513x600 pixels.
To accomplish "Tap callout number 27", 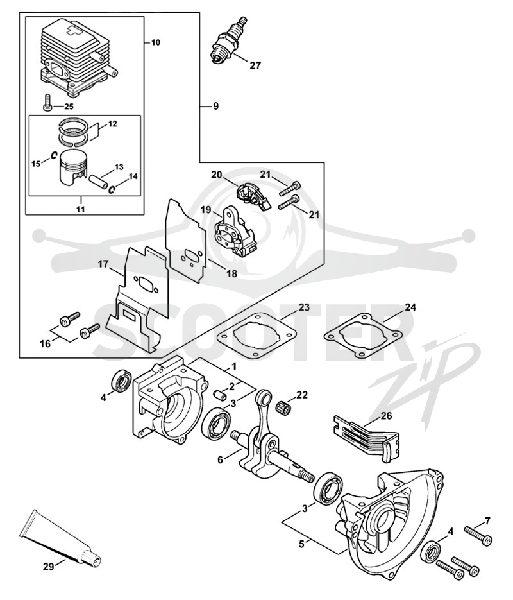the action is [255, 65].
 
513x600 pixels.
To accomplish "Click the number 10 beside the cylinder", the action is [155, 42].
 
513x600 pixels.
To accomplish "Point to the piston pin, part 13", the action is [98, 180].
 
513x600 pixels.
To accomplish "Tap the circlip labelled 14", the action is [113, 189].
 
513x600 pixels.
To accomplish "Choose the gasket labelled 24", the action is [364, 334].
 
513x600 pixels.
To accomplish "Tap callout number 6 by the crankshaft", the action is [221, 459].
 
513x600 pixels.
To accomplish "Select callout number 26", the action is [386, 416].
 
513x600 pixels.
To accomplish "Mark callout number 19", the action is [206, 209].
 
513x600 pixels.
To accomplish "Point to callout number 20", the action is [217, 175].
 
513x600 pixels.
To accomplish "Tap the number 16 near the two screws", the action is [45, 343].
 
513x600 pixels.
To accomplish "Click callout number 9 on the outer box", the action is [216, 106].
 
